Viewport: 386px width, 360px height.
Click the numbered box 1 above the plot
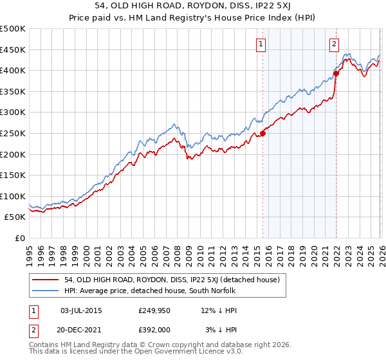261,44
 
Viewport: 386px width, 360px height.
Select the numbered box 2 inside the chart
335,44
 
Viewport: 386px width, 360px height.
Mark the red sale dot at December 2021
336,73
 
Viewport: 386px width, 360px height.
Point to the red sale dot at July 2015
262,133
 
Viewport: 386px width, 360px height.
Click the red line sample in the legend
45,280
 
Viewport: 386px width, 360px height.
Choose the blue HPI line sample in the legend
45,291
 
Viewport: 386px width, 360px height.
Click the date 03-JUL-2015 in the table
80,310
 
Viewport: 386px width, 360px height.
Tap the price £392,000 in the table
154,330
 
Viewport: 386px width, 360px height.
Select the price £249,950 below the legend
154,310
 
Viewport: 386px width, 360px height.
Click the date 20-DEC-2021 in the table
80,330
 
